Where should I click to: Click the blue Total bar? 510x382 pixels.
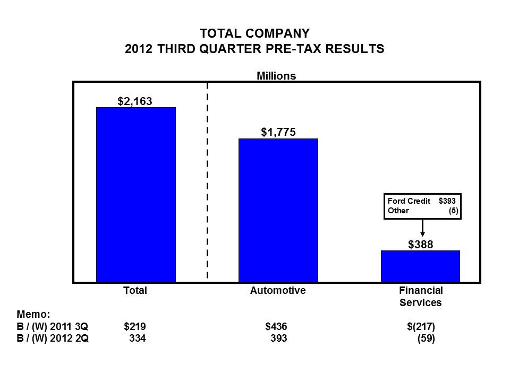point(135,194)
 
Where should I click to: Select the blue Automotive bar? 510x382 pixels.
point(278,210)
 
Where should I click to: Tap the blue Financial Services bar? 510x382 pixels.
point(420,266)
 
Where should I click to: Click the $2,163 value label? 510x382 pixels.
point(135,100)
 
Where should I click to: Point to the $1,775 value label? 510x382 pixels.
point(278,132)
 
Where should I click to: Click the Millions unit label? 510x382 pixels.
point(276,76)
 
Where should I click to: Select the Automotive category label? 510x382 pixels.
point(278,291)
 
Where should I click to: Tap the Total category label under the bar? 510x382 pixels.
point(135,291)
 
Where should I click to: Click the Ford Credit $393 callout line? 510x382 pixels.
point(422,202)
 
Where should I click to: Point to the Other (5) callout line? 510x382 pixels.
point(422,211)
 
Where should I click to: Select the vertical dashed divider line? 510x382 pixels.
point(207,180)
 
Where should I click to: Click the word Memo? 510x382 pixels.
point(33,314)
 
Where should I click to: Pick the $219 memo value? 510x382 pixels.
point(134,327)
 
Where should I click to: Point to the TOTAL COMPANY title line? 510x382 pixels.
point(254,34)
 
